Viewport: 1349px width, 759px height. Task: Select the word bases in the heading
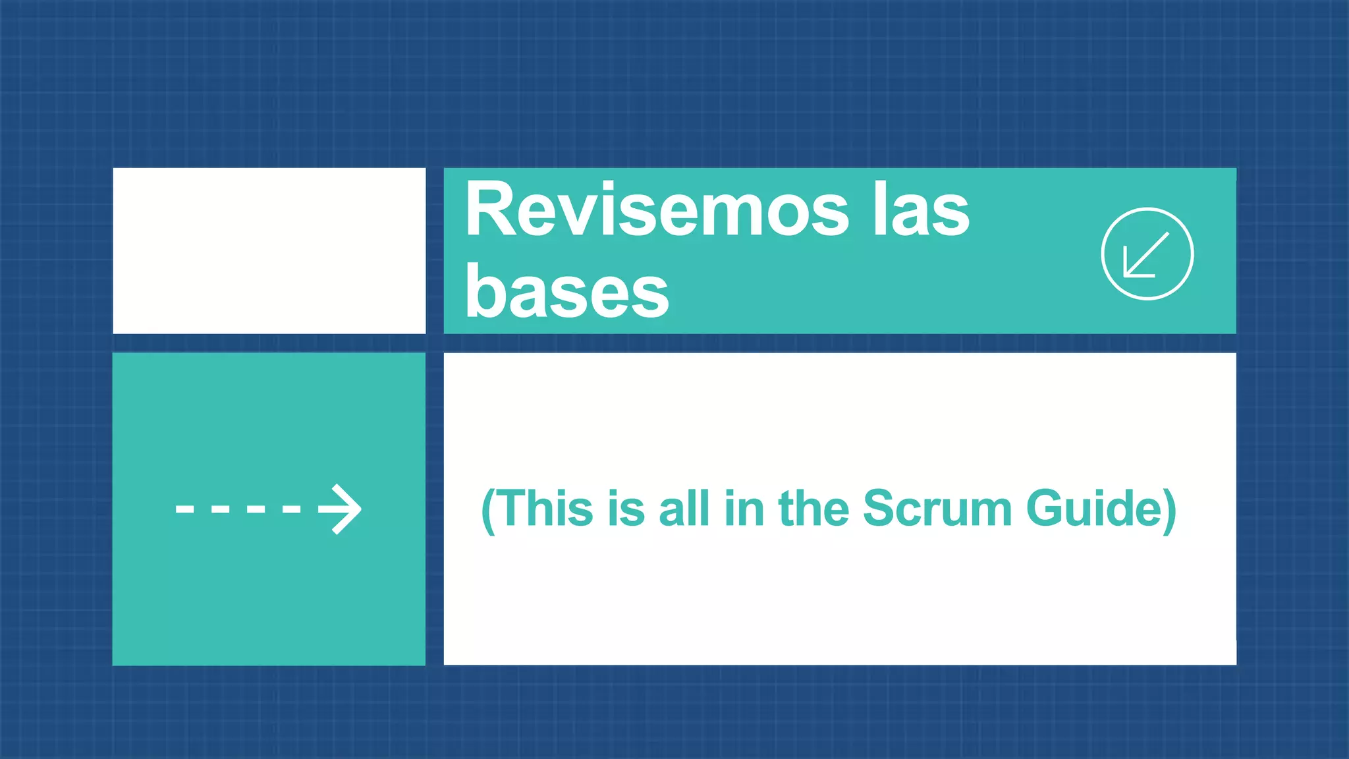click(567, 291)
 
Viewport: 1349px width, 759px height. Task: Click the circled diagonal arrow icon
click(1147, 254)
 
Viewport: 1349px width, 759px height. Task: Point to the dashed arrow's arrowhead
click(344, 509)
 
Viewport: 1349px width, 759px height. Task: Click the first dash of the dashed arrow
click(184, 509)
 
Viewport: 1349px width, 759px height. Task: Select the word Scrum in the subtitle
click(936, 509)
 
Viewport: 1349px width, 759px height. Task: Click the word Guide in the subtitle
click(1093, 509)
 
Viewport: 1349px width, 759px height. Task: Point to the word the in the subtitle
click(814, 509)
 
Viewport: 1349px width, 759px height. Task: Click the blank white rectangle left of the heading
click(269, 250)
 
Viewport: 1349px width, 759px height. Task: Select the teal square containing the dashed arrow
click(269, 593)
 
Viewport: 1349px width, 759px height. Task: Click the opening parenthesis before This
click(488, 511)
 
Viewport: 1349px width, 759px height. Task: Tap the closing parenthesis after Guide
click(1169, 511)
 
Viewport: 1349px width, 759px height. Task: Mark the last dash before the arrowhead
click(291, 509)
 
